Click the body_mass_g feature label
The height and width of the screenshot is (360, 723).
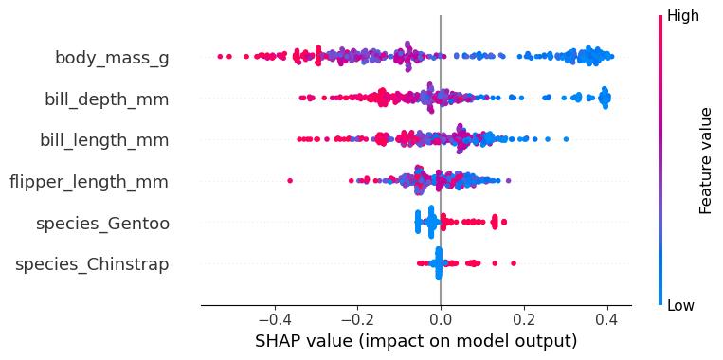[112, 59]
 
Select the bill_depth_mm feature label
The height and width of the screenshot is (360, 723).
[106, 99]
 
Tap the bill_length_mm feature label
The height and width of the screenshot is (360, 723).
[104, 140]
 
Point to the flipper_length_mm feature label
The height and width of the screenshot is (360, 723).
[89, 182]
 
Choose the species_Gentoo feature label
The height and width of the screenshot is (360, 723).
[102, 224]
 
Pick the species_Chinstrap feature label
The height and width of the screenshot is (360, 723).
[92, 265]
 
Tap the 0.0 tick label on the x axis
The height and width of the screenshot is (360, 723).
[441, 319]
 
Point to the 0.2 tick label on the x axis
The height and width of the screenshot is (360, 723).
[524, 319]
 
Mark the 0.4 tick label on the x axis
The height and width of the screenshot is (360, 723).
[607, 319]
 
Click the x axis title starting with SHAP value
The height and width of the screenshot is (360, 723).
[416, 343]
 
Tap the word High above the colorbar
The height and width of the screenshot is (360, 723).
[683, 16]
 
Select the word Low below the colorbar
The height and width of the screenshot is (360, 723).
[680, 305]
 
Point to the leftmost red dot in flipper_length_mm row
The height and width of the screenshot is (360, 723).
[290, 180]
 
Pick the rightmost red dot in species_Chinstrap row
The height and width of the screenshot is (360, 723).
[514, 263]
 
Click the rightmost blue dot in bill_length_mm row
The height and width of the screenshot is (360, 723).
[567, 139]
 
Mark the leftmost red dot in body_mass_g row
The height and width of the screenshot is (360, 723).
[220, 56]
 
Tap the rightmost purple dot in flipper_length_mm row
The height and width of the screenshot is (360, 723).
[508, 180]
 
